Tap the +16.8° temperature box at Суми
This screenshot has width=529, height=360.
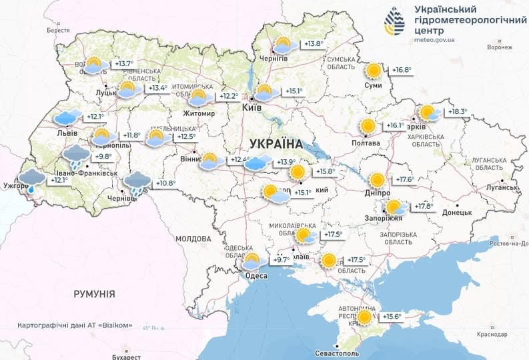401,70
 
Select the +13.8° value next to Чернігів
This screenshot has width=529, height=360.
313,44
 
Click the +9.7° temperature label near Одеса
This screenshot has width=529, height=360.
282,260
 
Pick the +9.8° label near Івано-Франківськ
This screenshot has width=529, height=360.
102,157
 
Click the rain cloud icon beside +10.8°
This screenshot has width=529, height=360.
137,183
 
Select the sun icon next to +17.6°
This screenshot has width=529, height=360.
378,180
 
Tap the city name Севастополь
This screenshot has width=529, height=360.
342,352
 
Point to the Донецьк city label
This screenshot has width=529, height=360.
456,212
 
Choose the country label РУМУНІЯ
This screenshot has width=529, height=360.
95,293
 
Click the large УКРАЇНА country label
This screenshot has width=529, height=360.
276,143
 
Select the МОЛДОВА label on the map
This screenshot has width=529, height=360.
193,238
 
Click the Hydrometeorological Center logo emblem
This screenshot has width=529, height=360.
394,22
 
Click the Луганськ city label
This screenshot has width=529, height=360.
501,189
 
